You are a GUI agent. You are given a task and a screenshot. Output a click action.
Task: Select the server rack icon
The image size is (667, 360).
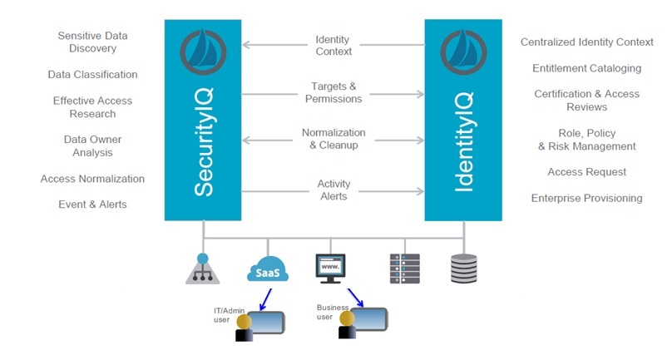coord(404,269)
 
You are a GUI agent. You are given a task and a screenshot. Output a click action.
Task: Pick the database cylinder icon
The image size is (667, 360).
coord(463,269)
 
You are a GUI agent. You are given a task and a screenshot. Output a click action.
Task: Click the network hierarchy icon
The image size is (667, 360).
coord(202,269)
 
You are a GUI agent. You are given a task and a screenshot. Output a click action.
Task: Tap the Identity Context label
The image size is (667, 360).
coord(333,46)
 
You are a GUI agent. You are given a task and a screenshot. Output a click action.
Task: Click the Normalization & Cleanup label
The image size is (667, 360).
coord(333,139)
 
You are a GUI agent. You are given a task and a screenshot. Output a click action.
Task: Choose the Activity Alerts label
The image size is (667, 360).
coord(333,190)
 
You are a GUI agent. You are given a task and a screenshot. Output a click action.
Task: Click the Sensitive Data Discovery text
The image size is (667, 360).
coord(91,42)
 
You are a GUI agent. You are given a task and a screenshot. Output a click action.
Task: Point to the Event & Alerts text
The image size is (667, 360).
coord(92,205)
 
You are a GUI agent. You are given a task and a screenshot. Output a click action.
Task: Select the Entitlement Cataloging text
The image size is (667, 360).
coord(586,68)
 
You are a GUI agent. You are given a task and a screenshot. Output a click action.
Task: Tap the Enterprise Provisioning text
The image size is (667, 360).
coord(586,198)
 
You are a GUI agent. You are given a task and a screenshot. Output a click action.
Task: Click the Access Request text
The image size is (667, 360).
coord(586,172)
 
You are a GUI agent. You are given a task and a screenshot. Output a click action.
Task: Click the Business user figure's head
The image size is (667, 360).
coord(347,318)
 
